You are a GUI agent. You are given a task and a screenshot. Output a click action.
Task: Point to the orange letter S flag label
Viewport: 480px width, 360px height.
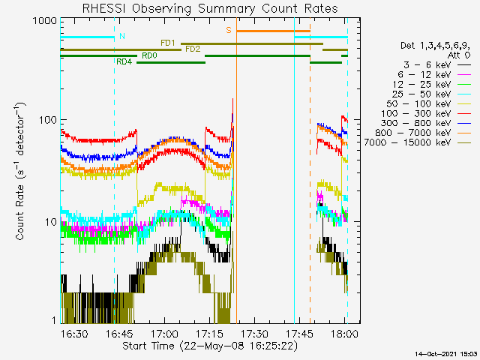[229, 31]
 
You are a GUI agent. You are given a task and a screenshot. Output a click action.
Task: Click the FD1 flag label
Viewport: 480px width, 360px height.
[168, 43]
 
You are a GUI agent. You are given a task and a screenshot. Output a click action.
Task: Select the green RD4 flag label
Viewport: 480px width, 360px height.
[124, 61]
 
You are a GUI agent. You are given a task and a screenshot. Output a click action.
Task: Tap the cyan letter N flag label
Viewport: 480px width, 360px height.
[122, 36]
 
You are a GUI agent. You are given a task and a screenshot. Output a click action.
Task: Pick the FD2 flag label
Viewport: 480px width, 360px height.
[193, 49]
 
